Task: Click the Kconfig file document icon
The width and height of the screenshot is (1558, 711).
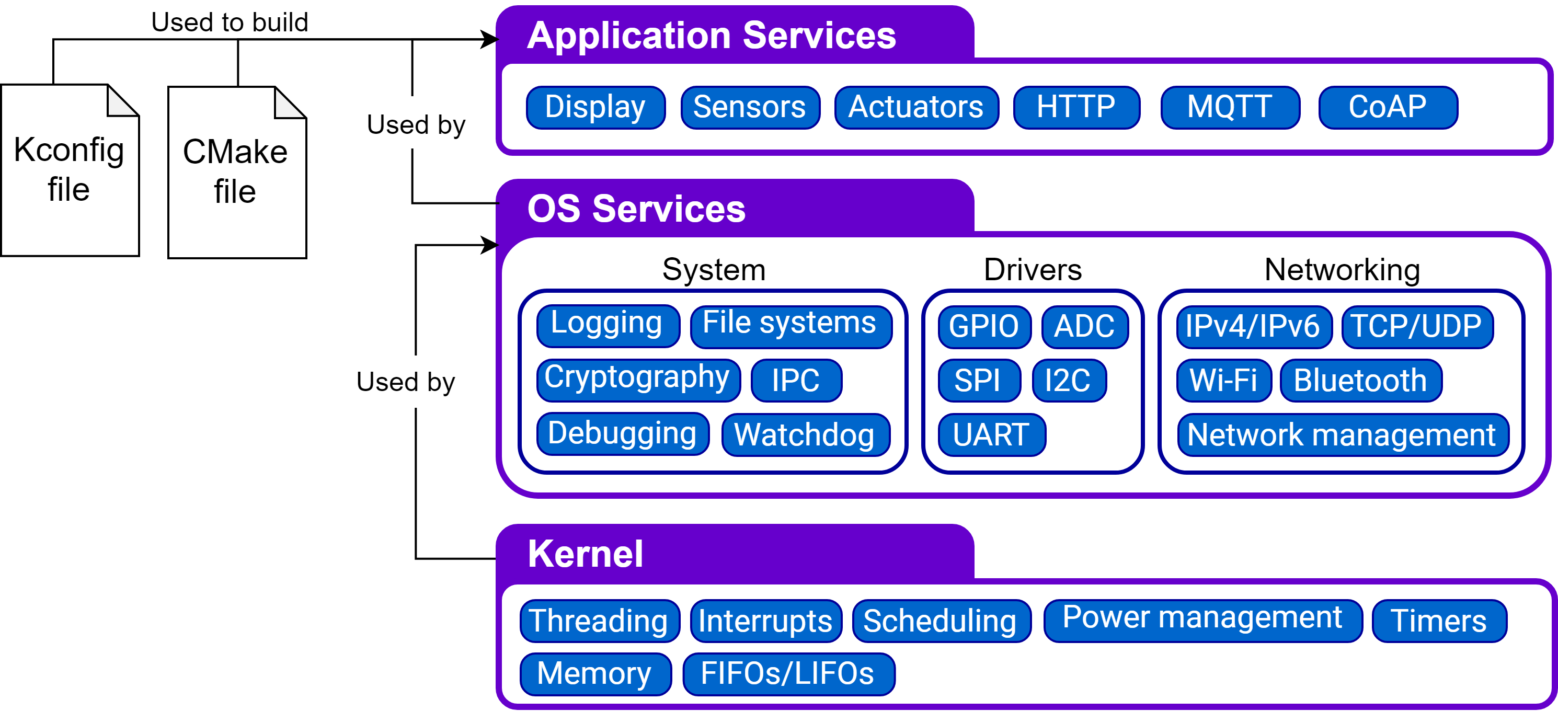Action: pyautogui.click(x=70, y=170)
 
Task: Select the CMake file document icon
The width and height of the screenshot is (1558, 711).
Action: pyautogui.click(x=237, y=173)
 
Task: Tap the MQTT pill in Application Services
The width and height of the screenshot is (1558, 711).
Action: pyautogui.click(x=1230, y=108)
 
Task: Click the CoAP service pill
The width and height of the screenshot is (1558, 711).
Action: pyautogui.click(x=1388, y=108)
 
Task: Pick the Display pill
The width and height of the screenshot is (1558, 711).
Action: pyautogui.click(x=595, y=108)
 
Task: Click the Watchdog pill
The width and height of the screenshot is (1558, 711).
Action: pyautogui.click(x=806, y=434)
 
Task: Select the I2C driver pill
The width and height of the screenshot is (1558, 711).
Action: pyautogui.click(x=1069, y=380)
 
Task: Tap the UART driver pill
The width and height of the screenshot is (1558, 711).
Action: pyautogui.click(x=992, y=434)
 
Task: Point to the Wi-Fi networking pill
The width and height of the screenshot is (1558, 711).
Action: pyautogui.click(x=1224, y=380)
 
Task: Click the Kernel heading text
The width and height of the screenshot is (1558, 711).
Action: pyautogui.click(x=585, y=553)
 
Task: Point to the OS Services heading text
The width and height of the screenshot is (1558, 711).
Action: pyautogui.click(x=636, y=209)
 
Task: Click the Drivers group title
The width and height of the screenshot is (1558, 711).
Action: pyautogui.click(x=1033, y=270)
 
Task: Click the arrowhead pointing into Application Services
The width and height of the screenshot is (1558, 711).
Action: pyautogui.click(x=490, y=40)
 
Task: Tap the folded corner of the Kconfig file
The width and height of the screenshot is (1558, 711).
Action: pyautogui.click(x=123, y=100)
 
